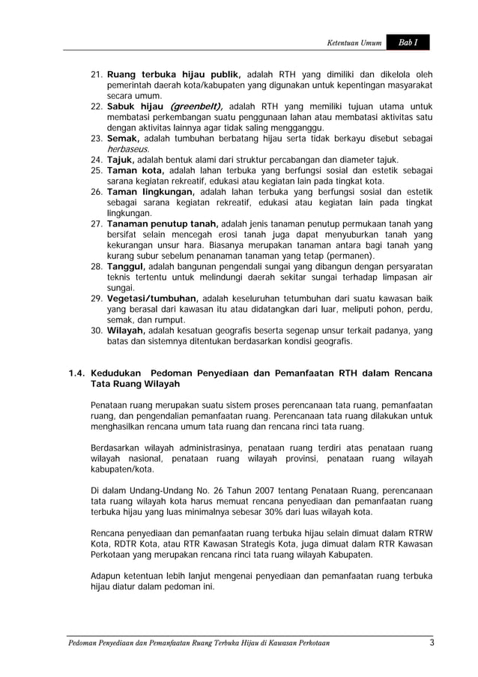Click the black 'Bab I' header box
point(408,43)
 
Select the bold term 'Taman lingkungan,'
point(152,192)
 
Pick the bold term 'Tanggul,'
point(127,267)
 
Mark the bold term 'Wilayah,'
point(127,331)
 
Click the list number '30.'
point(97,331)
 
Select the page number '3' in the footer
point(432,643)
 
